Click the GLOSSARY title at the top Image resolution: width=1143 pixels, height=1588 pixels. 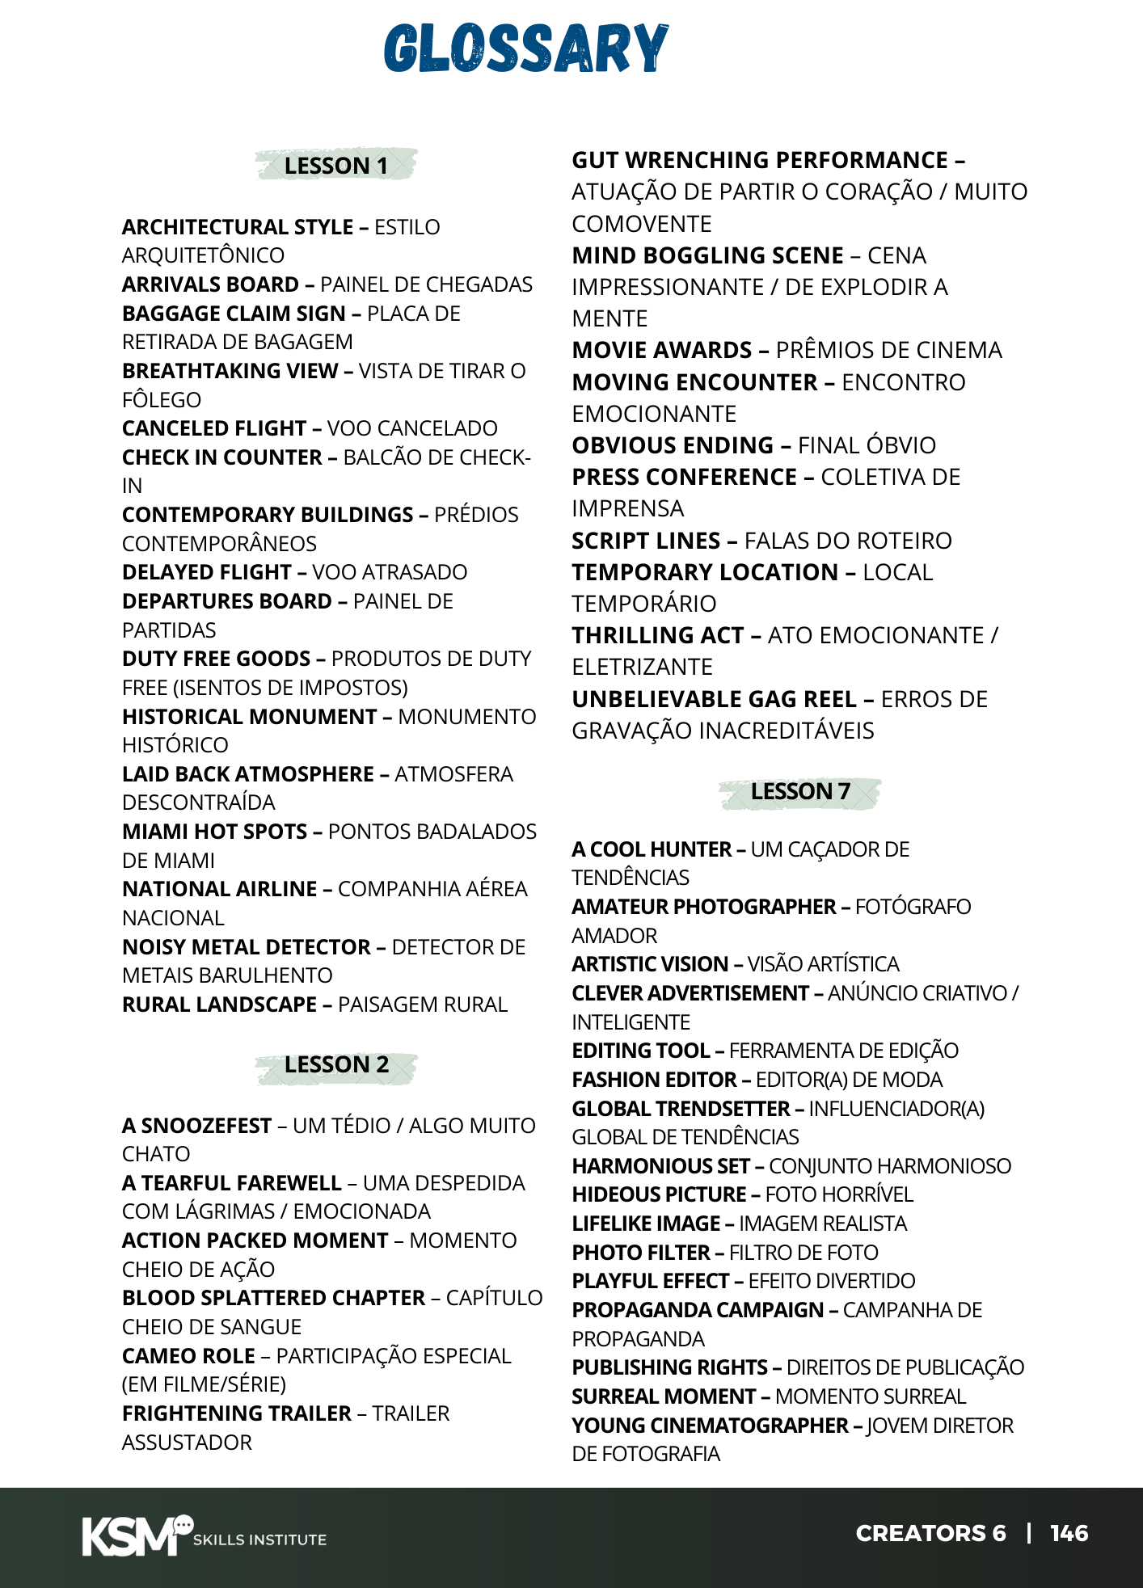[x=526, y=48]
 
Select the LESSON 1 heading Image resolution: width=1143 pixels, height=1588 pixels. [x=336, y=166]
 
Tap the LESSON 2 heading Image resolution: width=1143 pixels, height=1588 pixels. [x=336, y=1064]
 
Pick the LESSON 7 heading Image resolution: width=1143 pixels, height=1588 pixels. [x=800, y=791]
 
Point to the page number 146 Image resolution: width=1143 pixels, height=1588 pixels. [x=1069, y=1533]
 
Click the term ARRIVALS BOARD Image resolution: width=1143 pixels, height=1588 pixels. [x=210, y=284]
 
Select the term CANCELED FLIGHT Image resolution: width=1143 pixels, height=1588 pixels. [x=214, y=428]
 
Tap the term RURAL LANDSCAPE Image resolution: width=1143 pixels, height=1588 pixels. [x=219, y=1005]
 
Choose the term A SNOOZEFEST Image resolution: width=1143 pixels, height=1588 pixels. [x=196, y=1126]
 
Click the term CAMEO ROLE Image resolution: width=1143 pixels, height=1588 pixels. [x=188, y=1356]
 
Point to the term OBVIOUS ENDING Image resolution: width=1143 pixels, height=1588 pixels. [x=673, y=445]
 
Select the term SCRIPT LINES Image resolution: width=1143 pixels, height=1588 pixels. [x=646, y=541]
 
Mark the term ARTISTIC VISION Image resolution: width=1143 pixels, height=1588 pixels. [x=650, y=964]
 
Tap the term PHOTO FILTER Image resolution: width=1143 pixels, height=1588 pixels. [x=640, y=1253]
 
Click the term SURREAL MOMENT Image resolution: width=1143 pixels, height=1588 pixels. [x=664, y=1396]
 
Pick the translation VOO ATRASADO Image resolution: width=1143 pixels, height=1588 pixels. [x=390, y=572]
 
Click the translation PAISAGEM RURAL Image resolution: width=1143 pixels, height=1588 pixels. [x=423, y=1005]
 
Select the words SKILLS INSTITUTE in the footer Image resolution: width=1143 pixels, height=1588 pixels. [x=259, y=1540]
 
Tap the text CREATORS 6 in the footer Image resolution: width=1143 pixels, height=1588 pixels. [x=930, y=1533]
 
